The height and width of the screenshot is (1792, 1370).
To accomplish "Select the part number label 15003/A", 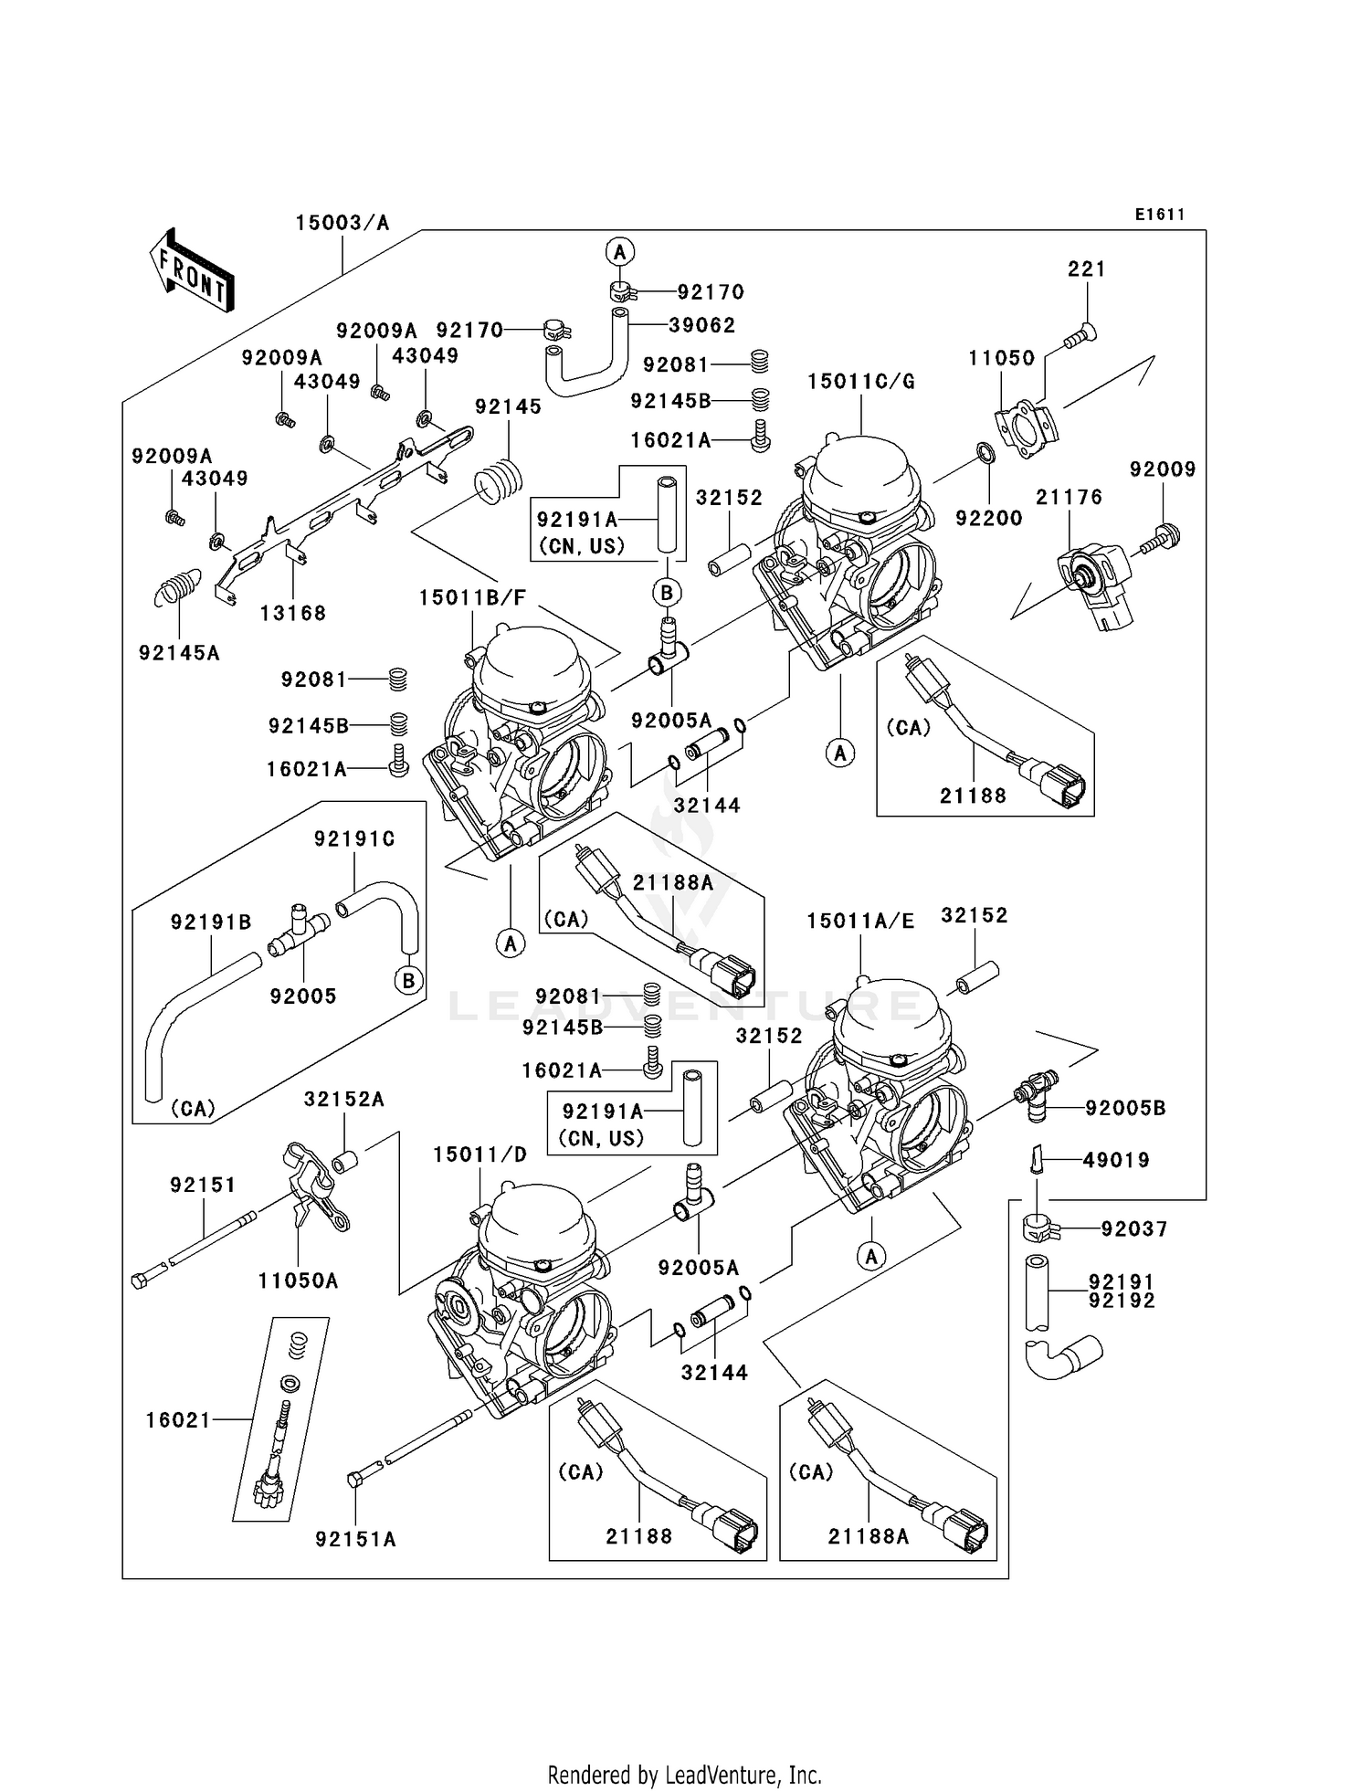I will pos(342,223).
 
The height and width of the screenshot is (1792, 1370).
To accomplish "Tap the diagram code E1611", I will pos(1160,215).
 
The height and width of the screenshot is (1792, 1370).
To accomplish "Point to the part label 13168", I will pos(292,613).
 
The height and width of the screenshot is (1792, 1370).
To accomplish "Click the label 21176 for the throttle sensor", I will pos(1069,498).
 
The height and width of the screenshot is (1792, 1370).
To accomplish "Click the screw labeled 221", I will pos(1081,338).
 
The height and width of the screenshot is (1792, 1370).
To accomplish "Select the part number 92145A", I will pos(179,653).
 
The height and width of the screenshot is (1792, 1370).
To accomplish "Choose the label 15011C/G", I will pos(860,382).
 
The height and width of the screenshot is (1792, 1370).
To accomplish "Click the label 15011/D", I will pos(479,1154).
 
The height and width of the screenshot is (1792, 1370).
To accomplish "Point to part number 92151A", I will pos(355,1539).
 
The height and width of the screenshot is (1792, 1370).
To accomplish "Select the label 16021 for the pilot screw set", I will pos(178,1419).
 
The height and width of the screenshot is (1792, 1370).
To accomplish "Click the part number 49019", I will pos(1116,1160).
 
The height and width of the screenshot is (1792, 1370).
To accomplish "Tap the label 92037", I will pos(1133,1229).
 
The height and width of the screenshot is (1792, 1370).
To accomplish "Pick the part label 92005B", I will pos(1125,1108).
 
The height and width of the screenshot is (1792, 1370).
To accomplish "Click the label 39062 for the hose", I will pos(701,325).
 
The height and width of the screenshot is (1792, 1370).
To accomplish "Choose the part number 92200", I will pos(988,518).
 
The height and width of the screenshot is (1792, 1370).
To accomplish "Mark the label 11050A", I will pos(298,1281).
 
